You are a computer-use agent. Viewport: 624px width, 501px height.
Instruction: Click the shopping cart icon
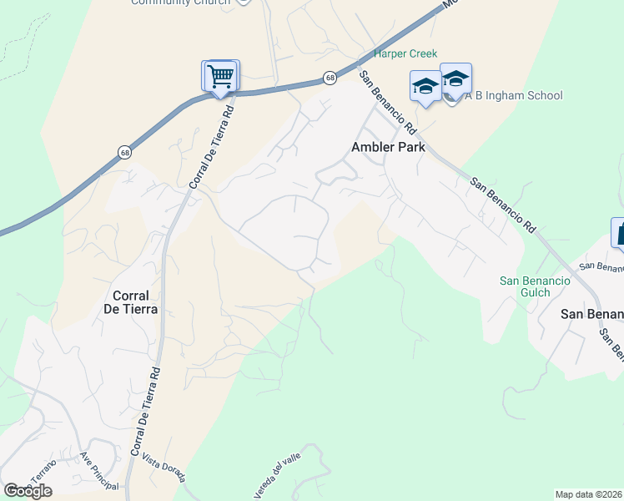(221, 76)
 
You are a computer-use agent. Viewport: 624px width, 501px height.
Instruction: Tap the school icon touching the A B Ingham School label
(455, 80)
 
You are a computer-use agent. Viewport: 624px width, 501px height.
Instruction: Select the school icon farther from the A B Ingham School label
(425, 87)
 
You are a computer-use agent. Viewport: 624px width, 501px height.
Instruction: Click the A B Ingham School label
(514, 96)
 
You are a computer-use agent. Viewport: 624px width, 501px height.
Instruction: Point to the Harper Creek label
(405, 53)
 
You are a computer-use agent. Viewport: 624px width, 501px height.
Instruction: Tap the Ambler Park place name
(388, 147)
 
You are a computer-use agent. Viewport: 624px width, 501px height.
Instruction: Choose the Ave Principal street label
(99, 469)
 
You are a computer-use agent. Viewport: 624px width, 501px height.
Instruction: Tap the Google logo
(28, 491)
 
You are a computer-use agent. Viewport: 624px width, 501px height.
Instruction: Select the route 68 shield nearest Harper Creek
(330, 78)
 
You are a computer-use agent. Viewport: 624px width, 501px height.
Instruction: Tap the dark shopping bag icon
(619, 233)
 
